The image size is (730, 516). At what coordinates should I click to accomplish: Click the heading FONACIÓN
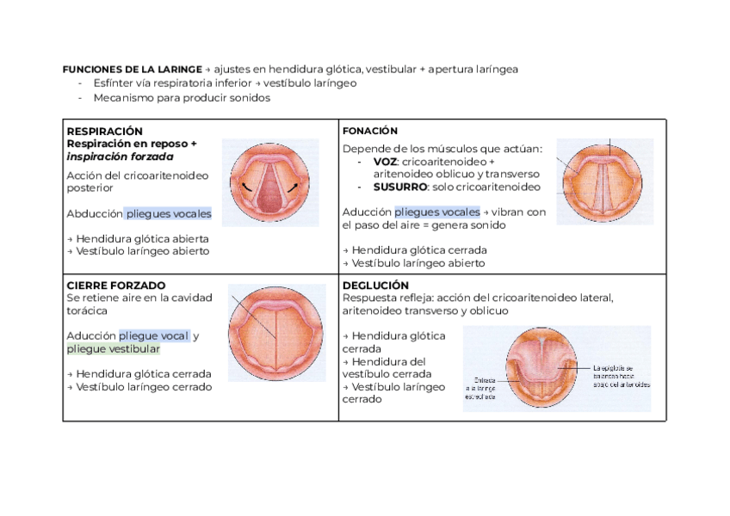pyautogui.click(x=369, y=131)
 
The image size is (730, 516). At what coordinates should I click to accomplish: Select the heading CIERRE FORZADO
pyautogui.click(x=115, y=285)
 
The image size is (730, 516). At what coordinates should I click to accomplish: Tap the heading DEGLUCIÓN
pyautogui.click(x=375, y=285)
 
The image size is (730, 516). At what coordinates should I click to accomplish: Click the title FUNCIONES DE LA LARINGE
pyautogui.click(x=132, y=69)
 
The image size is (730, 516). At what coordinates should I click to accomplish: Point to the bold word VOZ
pyautogui.click(x=386, y=162)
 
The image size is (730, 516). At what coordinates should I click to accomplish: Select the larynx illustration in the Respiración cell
pyautogui.click(x=269, y=182)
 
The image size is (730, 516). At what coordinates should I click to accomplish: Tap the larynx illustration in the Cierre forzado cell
pyautogui.click(x=275, y=333)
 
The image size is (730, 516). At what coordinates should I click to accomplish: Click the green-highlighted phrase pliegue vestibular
pyautogui.click(x=114, y=349)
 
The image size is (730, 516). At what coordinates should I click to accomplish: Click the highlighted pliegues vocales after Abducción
pyautogui.click(x=169, y=213)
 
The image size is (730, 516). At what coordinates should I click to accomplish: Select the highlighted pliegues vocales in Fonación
pyautogui.click(x=436, y=212)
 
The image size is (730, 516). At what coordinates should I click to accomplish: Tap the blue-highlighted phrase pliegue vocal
pyautogui.click(x=153, y=336)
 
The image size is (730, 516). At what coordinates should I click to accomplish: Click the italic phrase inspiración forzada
pyautogui.click(x=120, y=157)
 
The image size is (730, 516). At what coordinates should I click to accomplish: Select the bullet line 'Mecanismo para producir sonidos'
pyautogui.click(x=182, y=98)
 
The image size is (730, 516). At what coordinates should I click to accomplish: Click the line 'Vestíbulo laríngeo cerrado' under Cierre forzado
pyautogui.click(x=139, y=387)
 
